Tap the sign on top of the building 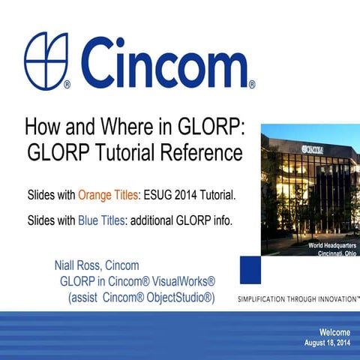point(315,149)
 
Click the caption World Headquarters point(331,246)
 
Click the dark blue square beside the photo point(250,268)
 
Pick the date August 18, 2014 point(328,343)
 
